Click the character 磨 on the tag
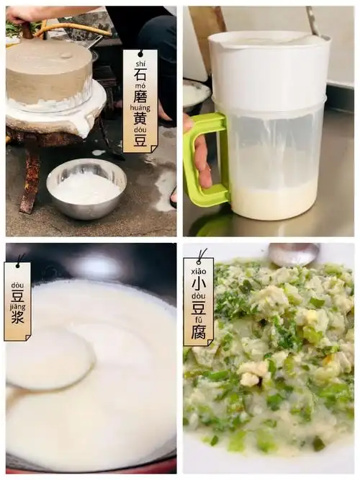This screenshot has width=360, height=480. pos(140,97)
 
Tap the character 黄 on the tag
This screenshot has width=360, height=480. pos(140,120)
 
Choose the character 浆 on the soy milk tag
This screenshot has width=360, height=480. pos(17,316)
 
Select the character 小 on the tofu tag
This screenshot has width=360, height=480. pos(199,283)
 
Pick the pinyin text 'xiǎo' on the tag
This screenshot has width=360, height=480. pos(199,270)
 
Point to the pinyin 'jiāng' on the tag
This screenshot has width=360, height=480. pos(17,305)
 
